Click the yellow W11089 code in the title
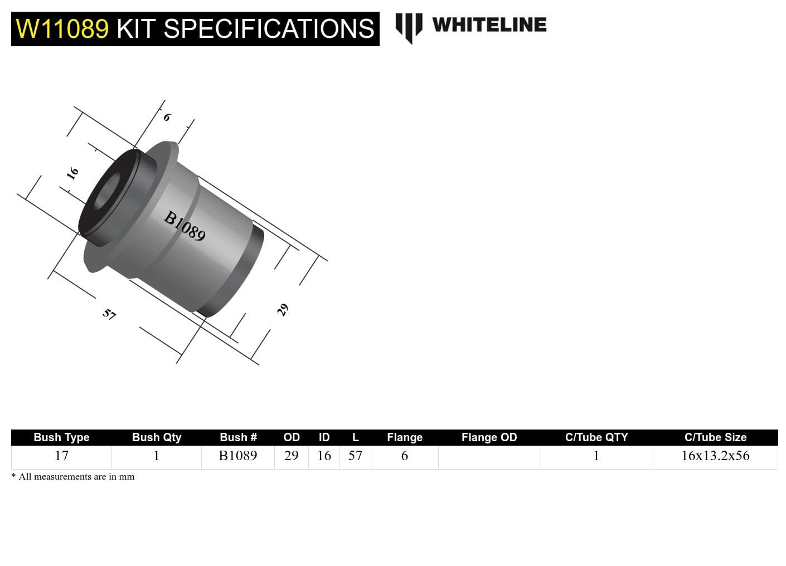[62, 29]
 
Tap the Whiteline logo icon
[409, 27]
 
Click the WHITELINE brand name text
[489, 25]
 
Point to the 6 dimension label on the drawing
[167, 117]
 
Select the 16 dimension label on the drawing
[72, 173]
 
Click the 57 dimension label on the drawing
[109, 314]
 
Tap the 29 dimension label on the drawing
[283, 310]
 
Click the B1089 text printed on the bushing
[185, 226]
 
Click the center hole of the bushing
[107, 192]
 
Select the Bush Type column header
[61, 437]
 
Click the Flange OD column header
[489, 437]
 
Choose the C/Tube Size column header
[715, 437]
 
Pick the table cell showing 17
[61, 456]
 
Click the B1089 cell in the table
[238, 456]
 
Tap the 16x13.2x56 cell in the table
[715, 456]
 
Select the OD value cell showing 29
[291, 456]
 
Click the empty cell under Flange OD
[489, 457]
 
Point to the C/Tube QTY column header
[596, 437]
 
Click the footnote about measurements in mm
[73, 477]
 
